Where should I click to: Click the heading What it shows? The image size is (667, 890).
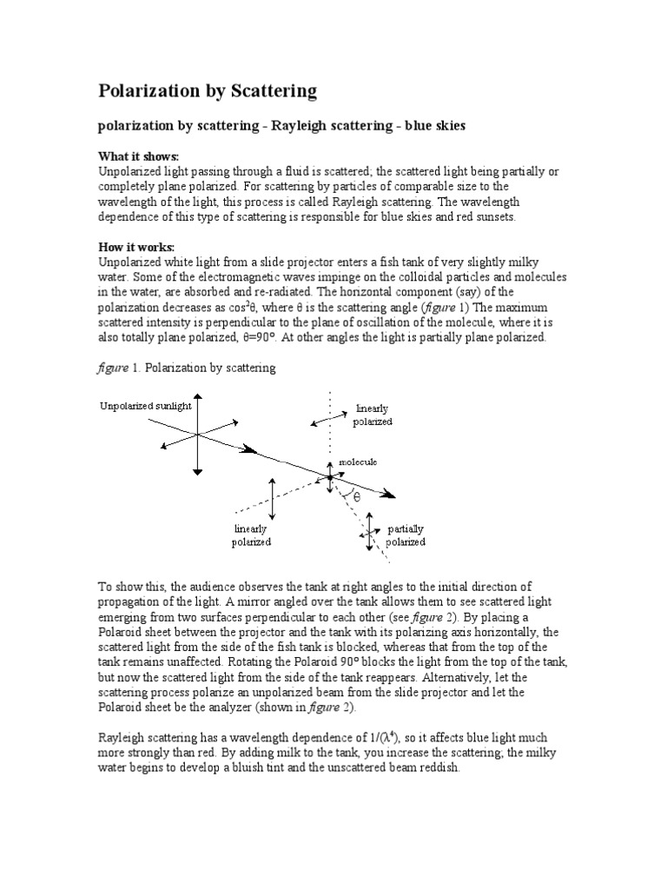(x=138, y=156)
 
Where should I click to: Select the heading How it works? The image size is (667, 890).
(x=137, y=248)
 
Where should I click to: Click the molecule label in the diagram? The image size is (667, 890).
(x=358, y=461)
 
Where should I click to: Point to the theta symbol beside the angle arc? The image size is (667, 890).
(x=355, y=497)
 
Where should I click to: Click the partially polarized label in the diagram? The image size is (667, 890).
(x=406, y=535)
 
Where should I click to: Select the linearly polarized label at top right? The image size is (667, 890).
(x=373, y=415)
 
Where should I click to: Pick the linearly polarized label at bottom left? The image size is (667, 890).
(x=251, y=535)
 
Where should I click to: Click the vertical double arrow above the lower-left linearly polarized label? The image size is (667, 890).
(x=273, y=499)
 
